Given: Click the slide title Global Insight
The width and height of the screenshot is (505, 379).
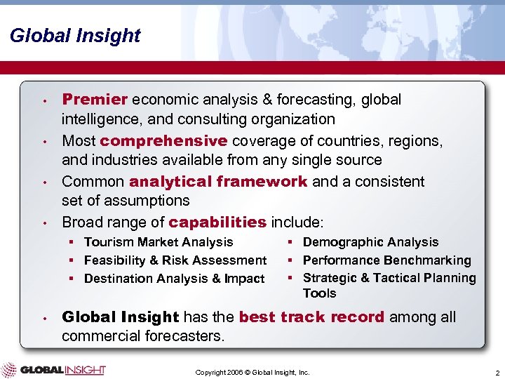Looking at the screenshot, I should click(x=75, y=36).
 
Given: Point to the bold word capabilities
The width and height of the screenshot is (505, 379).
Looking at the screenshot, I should click(x=217, y=222).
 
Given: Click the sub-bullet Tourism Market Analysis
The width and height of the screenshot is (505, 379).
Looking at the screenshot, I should click(x=158, y=242).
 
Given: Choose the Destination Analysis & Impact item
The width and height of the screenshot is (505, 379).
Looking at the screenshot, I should click(x=174, y=279).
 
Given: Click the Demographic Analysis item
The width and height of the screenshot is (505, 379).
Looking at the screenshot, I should click(x=370, y=242).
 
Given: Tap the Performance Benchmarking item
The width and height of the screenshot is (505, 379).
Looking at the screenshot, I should click(x=386, y=260).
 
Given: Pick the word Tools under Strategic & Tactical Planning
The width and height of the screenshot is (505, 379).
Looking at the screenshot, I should click(x=319, y=293).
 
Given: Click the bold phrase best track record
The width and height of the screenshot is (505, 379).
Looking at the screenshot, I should click(x=311, y=317).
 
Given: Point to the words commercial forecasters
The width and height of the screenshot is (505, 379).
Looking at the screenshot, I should click(x=143, y=336).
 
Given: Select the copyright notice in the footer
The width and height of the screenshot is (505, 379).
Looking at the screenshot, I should click(x=252, y=371).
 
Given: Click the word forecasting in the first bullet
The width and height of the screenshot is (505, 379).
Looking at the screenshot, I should click(x=319, y=100).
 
